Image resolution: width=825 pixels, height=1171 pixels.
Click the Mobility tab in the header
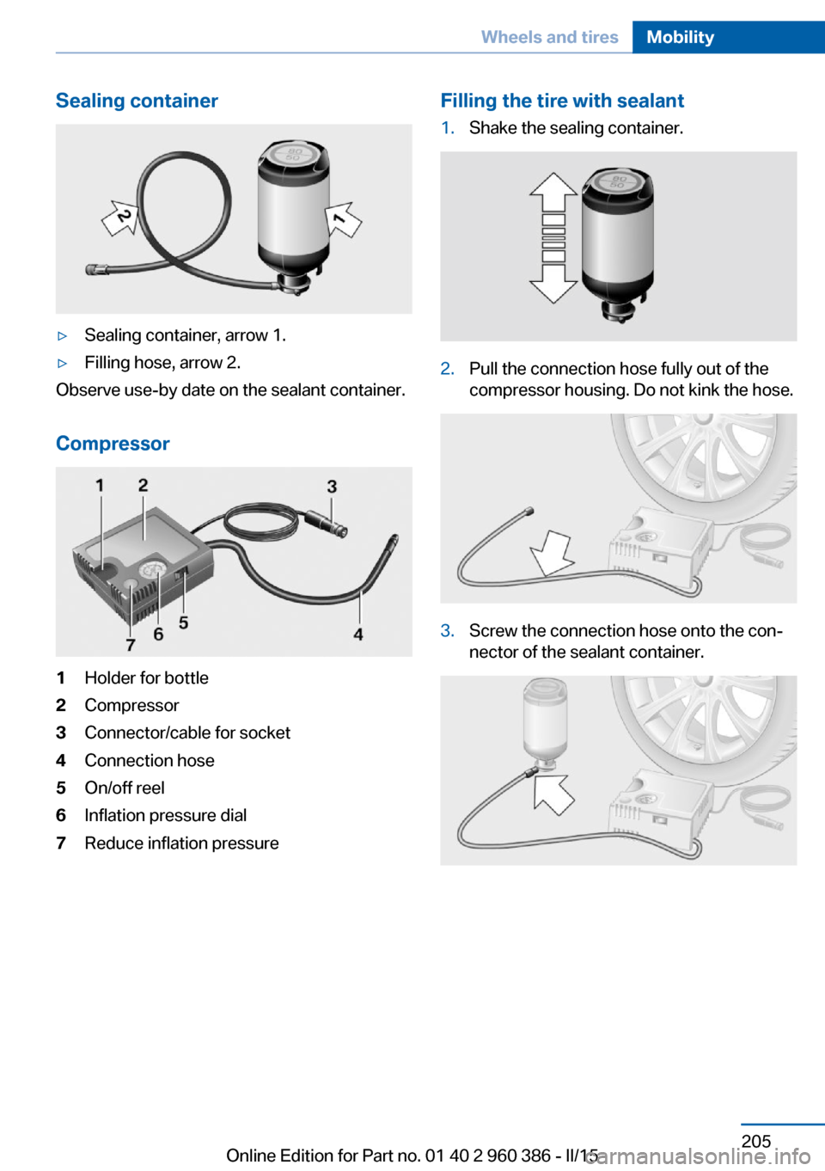[680, 37]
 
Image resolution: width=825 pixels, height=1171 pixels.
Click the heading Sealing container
[137, 101]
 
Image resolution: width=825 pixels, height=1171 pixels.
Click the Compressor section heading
[113, 444]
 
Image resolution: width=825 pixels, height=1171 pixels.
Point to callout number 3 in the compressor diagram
[332, 487]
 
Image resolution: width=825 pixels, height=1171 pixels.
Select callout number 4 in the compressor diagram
[358, 635]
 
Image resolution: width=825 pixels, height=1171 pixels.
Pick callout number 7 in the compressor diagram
[131, 644]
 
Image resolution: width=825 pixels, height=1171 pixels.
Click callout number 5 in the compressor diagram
[183, 622]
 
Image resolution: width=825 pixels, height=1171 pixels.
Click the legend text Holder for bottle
[146, 677]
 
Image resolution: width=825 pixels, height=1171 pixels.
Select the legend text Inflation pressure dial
[165, 815]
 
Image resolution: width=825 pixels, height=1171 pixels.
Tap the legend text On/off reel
[124, 788]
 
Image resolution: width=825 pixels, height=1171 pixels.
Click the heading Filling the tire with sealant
[562, 101]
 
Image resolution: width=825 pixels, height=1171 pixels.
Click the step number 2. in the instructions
[447, 369]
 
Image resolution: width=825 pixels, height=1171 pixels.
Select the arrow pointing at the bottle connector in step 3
[553, 793]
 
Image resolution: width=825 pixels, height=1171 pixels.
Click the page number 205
[755, 1141]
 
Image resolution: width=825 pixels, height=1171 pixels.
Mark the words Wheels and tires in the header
[549, 37]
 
